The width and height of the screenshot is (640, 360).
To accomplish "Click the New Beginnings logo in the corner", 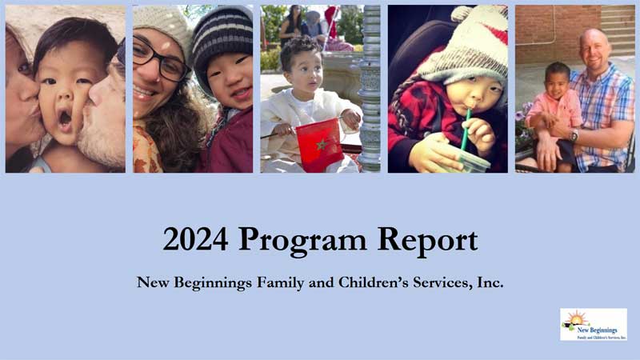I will [x=594, y=324].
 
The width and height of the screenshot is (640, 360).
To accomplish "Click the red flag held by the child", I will [x=318, y=143].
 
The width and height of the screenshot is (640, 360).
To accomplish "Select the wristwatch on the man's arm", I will [x=574, y=135].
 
